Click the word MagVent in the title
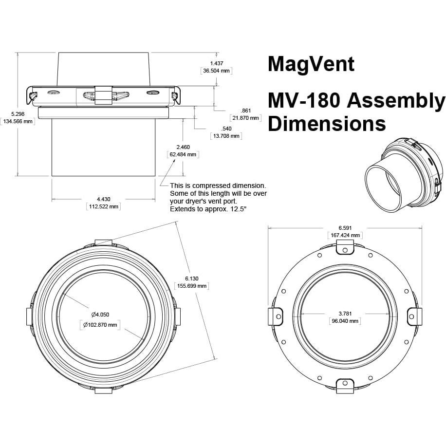click(x=311, y=64)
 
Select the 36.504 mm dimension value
click(x=216, y=71)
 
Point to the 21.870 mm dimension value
click(x=245, y=118)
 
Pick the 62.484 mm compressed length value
click(x=183, y=154)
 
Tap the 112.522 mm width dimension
click(x=103, y=206)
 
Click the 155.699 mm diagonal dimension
click(x=192, y=286)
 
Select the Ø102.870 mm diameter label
click(x=100, y=325)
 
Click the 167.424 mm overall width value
click(x=345, y=235)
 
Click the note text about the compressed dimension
click(x=218, y=197)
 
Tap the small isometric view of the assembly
click(x=404, y=175)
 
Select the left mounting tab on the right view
click(x=276, y=316)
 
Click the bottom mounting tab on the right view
click(x=345, y=386)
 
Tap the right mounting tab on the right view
click(x=414, y=316)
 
